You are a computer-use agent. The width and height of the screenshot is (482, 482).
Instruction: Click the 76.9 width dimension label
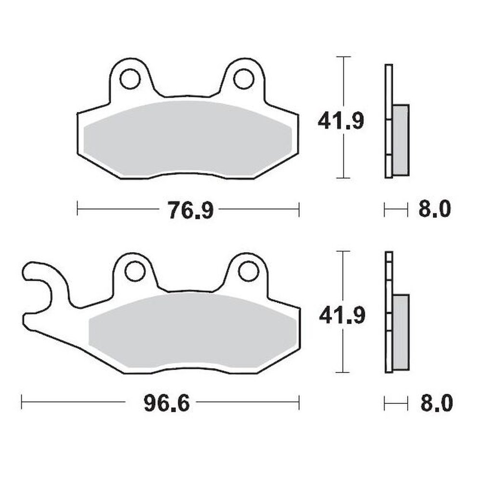click(190, 210)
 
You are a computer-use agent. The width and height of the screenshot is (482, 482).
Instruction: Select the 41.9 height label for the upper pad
click(340, 121)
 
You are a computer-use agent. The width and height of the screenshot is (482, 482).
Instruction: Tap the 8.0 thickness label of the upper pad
click(435, 210)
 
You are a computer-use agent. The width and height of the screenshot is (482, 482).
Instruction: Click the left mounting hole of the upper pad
click(130, 80)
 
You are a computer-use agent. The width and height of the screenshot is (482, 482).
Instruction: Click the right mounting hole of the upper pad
click(243, 79)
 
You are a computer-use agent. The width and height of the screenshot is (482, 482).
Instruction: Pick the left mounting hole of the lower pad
click(135, 271)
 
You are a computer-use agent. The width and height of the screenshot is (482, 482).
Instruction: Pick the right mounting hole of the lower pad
click(249, 271)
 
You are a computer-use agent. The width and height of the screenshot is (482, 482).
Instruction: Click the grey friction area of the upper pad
click(188, 137)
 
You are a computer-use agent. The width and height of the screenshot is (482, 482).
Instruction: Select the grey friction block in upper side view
click(401, 140)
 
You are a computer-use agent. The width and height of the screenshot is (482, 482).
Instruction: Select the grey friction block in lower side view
click(401, 333)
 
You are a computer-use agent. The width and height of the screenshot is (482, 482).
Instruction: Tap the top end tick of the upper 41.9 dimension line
click(343, 57)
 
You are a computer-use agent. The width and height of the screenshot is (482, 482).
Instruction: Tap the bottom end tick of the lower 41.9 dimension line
click(343, 372)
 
